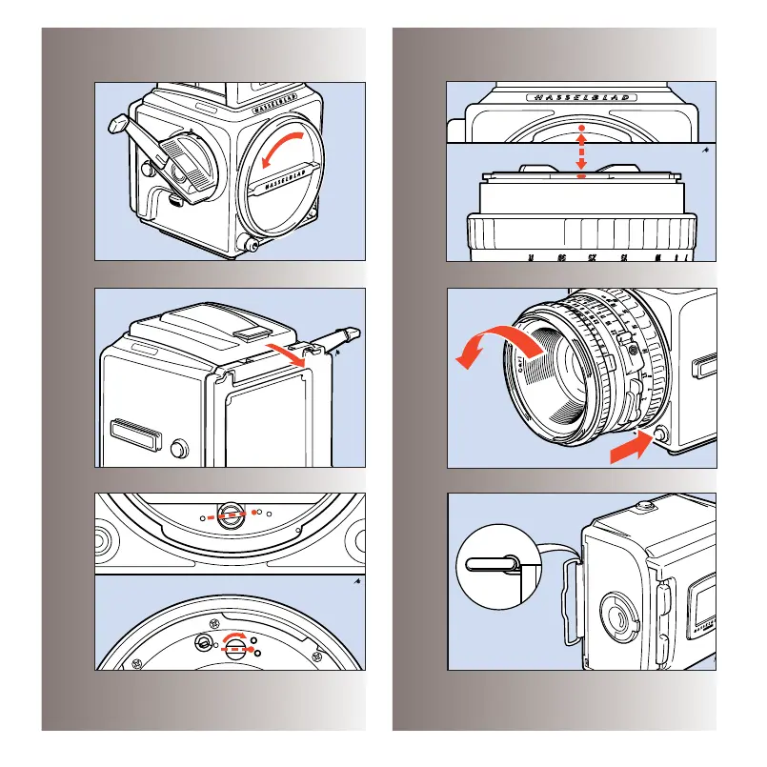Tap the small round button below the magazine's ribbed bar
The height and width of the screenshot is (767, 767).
pos(177,447)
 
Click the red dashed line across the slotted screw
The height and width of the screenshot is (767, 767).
pos(230,515)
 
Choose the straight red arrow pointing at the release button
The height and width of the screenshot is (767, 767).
pos(630,446)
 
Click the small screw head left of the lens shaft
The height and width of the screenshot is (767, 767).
pos(205,643)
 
